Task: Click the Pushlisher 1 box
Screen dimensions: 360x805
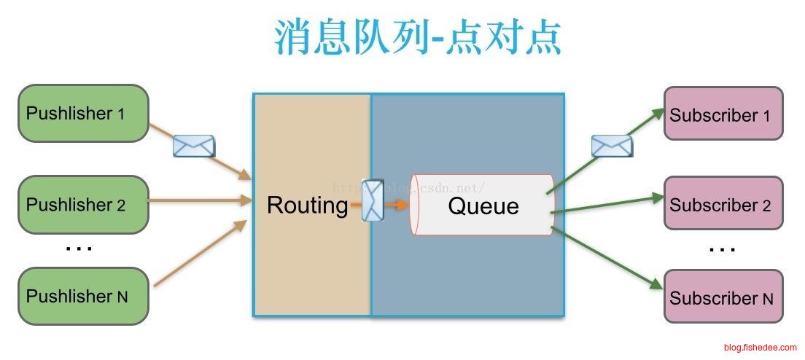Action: click(x=83, y=113)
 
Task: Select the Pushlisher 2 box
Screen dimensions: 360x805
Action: click(x=83, y=205)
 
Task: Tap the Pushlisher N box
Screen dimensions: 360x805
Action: click(x=83, y=296)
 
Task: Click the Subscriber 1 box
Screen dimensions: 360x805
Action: click(x=723, y=114)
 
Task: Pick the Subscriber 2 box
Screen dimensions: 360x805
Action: click(x=723, y=204)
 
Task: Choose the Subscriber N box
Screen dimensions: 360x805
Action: click(x=723, y=297)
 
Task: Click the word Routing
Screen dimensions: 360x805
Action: click(x=307, y=206)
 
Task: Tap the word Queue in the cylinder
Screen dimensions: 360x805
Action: click(x=483, y=206)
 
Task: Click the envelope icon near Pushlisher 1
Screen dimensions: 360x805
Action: click(x=193, y=146)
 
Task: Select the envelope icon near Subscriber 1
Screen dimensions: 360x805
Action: click(x=611, y=146)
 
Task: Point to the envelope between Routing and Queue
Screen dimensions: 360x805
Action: click(x=373, y=200)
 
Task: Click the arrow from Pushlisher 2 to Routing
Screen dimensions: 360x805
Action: click(x=197, y=200)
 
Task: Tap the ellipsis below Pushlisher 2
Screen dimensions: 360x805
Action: click(x=79, y=249)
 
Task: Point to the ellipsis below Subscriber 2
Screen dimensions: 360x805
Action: click(x=722, y=249)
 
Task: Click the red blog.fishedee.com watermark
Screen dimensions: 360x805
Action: click(x=760, y=348)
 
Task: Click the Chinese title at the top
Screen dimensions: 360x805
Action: click(x=418, y=38)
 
